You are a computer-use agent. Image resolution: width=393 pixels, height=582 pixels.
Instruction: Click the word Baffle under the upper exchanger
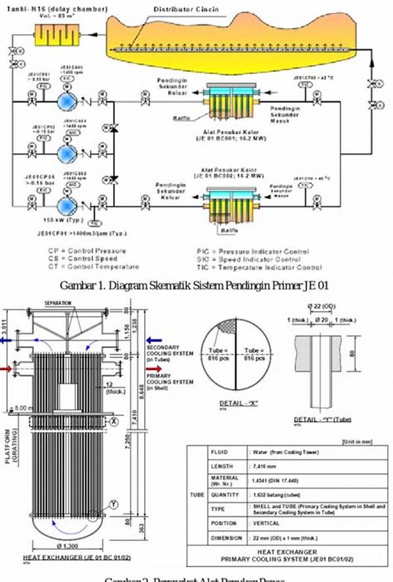pos(182,118)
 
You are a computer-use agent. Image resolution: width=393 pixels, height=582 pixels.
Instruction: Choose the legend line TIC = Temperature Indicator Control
pos(259,267)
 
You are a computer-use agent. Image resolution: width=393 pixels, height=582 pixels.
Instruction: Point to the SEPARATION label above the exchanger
pos(57,304)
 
